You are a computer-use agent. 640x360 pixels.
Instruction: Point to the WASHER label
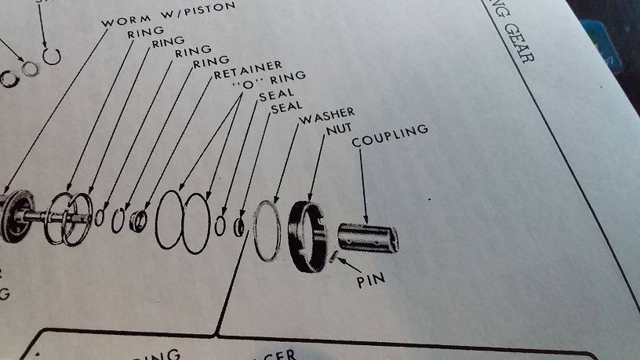click(327, 117)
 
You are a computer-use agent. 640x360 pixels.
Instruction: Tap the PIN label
click(370, 278)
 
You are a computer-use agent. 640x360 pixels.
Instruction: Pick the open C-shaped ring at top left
click(52, 56)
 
